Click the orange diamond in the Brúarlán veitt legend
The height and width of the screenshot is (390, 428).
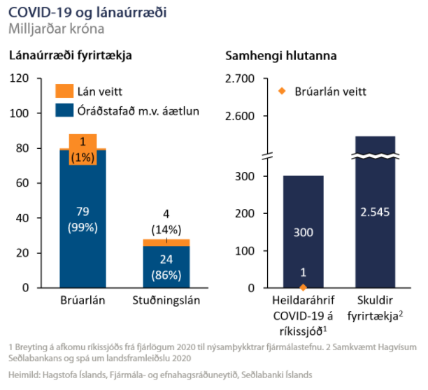click(x=282, y=91)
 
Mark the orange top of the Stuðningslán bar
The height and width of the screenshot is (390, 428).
click(x=166, y=242)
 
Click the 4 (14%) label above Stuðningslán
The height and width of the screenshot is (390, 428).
click(x=166, y=223)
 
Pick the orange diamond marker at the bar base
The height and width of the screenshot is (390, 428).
click(x=303, y=287)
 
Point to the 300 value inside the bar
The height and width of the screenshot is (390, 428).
click(x=303, y=232)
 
